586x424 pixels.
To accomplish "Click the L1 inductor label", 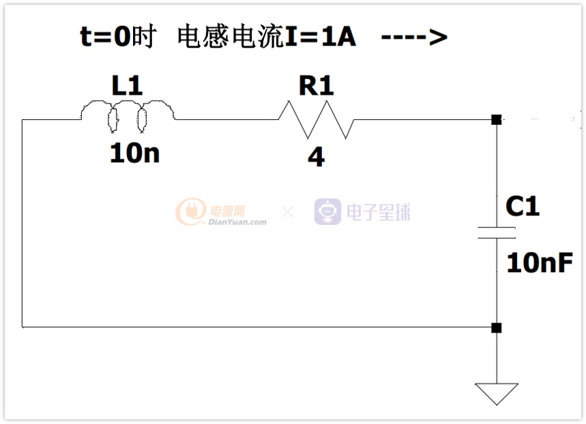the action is coord(127,85).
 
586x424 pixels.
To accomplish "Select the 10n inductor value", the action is coord(134,153).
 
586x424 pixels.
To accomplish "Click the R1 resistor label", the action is coord(316,85).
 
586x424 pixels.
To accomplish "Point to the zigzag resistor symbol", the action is coord(316,119).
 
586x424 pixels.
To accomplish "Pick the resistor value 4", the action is coord(316,157).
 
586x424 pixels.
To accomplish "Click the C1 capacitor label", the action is coord(523,206).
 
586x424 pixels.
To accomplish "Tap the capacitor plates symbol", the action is coord(497,232).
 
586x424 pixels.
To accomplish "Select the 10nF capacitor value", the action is coord(540,262).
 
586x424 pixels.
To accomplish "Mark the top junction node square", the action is coord(497,119).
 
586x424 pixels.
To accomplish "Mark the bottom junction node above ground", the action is coord(497,328).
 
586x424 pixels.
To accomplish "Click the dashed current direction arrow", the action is coord(414,37).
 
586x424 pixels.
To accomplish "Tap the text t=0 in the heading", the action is coord(105,37).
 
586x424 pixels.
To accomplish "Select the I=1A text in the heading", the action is coord(320,37).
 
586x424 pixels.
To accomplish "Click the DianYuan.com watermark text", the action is coord(237,222).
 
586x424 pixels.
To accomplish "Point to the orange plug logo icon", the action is coord(191,211).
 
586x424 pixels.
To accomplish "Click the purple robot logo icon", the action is coord(327,211).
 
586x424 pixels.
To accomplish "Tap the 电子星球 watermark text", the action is coord(378,212).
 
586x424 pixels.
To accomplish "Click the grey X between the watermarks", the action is coord(288,212).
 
